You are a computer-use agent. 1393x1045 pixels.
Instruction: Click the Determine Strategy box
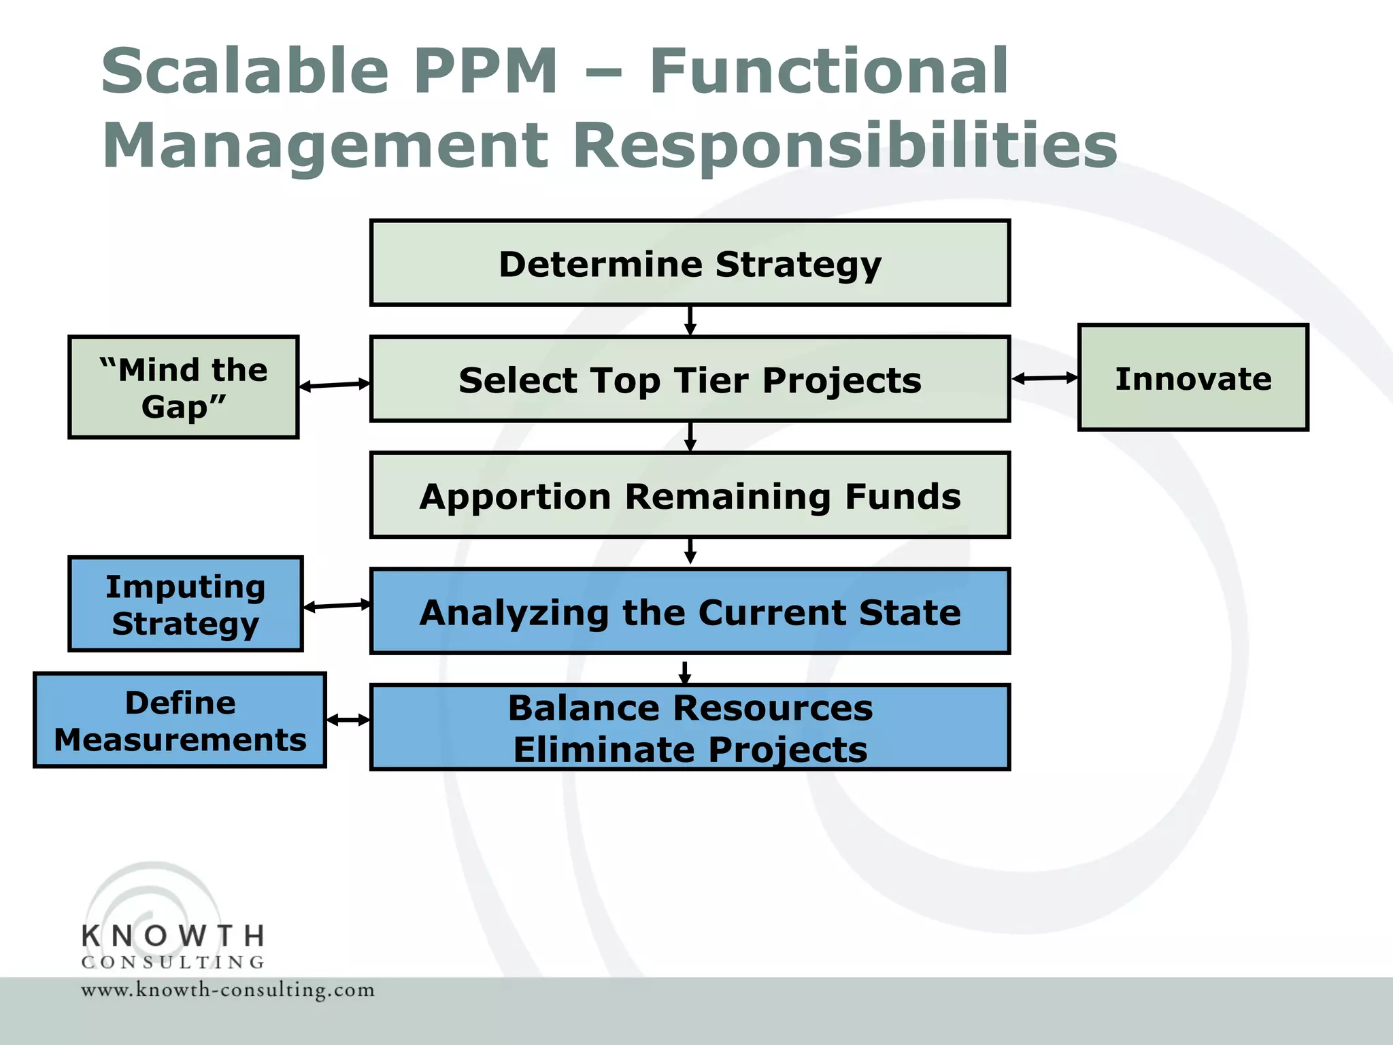pyautogui.click(x=690, y=263)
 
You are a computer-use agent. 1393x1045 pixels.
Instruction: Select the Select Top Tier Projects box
pyautogui.click(x=690, y=380)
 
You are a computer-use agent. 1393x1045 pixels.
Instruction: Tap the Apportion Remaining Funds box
pyautogui.click(x=690, y=495)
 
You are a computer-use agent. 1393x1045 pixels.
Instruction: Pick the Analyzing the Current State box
pyautogui.click(x=690, y=612)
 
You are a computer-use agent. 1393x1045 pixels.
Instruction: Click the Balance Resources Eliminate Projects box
pyautogui.click(x=690, y=727)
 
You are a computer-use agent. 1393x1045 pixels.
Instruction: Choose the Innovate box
pyautogui.click(x=1193, y=378)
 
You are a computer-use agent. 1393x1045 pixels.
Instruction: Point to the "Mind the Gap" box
pyautogui.click(x=184, y=387)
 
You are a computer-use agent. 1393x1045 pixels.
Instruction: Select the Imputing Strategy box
pyautogui.click(x=185, y=604)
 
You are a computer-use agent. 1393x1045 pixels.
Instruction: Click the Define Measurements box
pyautogui.click(x=180, y=720)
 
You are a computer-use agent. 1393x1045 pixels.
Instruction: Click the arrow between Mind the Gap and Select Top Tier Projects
pyautogui.click(x=335, y=385)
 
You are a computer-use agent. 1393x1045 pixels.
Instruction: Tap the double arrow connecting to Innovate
pyautogui.click(x=1045, y=378)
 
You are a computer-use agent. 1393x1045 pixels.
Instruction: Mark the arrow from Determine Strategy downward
pyautogui.click(x=690, y=320)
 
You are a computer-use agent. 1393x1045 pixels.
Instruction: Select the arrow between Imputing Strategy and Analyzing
pyautogui.click(x=337, y=606)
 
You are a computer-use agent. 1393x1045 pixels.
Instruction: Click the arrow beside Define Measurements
pyautogui.click(x=348, y=720)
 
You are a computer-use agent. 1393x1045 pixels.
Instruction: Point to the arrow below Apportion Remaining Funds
pyautogui.click(x=690, y=552)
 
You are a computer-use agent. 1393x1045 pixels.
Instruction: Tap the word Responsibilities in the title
pyautogui.click(x=845, y=146)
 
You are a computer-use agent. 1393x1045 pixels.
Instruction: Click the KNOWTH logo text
pyautogui.click(x=173, y=937)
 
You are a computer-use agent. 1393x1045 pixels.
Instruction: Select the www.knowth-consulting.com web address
pyautogui.click(x=228, y=990)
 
